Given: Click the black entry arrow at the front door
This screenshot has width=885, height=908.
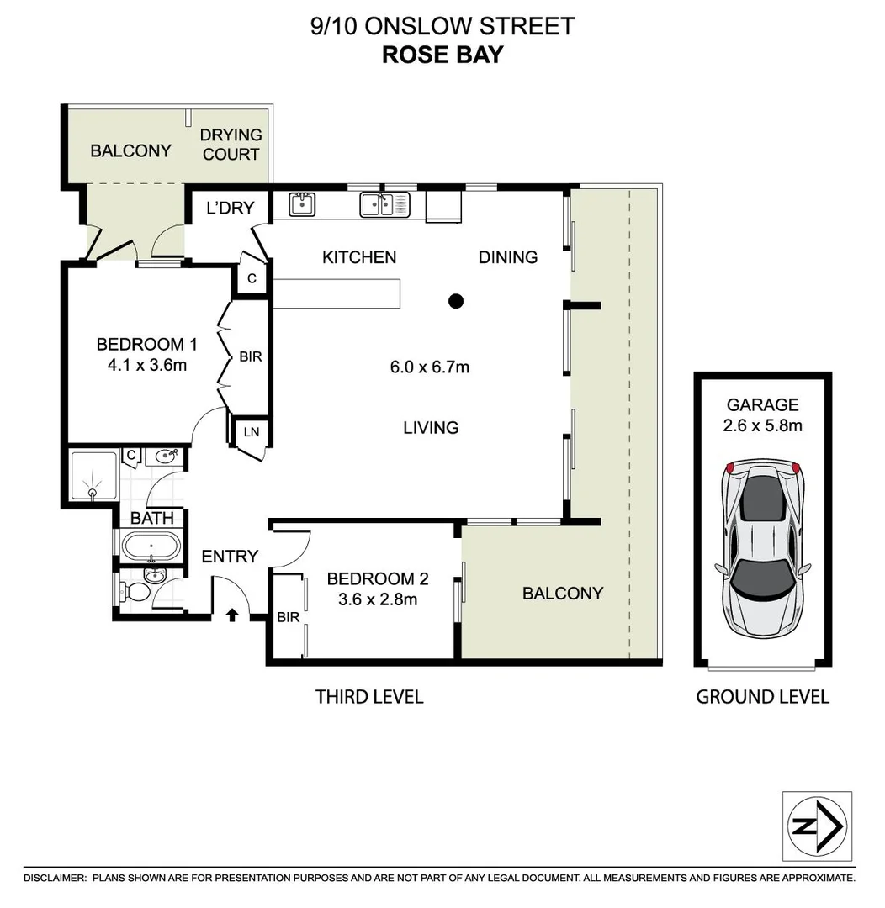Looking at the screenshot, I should click(x=232, y=615).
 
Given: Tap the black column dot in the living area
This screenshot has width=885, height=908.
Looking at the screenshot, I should click(x=456, y=300).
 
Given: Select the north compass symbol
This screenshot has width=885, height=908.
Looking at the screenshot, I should click(x=817, y=826).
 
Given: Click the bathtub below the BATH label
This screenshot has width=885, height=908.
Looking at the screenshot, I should click(x=151, y=546).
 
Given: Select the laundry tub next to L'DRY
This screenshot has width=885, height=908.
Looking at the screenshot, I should click(x=302, y=203).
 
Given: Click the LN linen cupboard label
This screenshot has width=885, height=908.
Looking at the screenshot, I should click(x=251, y=432).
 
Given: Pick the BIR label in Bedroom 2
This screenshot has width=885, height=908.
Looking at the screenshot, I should click(x=288, y=617).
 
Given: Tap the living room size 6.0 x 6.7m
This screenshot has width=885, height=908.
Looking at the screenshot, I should click(x=429, y=367).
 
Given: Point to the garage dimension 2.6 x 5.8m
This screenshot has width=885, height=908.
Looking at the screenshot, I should click(x=763, y=425).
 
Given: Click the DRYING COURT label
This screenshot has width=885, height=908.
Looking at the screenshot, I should click(x=231, y=145).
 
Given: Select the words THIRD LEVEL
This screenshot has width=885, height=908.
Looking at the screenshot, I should click(x=369, y=696).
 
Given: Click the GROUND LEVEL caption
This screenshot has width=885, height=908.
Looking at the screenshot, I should click(x=762, y=696).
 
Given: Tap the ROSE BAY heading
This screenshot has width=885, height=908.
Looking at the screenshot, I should click(x=442, y=55).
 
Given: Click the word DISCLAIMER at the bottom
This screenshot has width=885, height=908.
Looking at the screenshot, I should click(x=55, y=878).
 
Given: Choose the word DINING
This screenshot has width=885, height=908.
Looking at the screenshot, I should click(x=508, y=257).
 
